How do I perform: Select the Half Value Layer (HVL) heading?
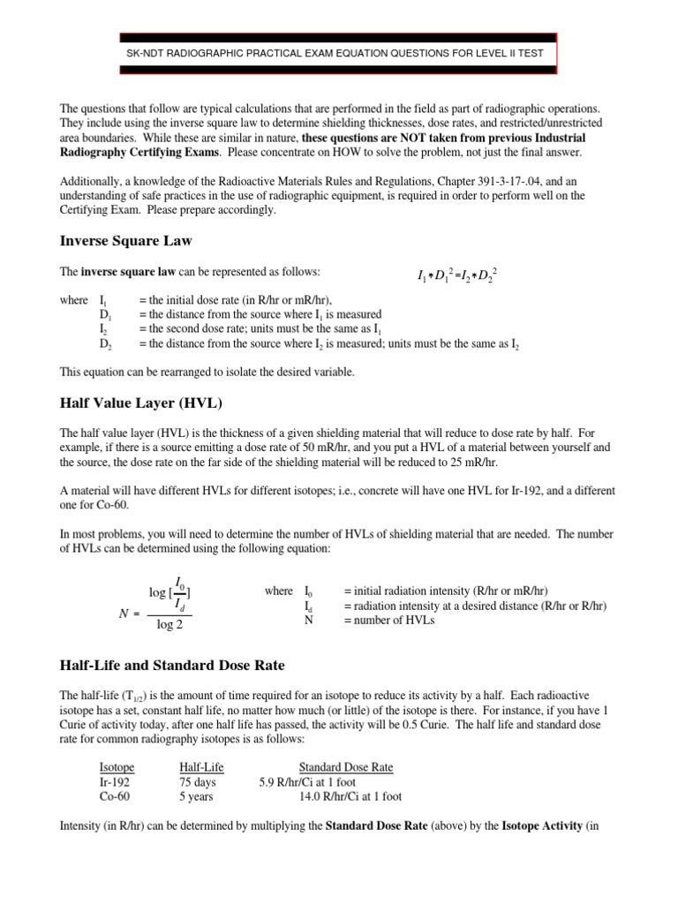click(140, 403)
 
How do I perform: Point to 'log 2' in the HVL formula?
click(170, 625)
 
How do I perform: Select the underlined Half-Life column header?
click(201, 768)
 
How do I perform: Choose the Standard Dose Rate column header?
click(346, 768)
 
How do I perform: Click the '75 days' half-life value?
click(197, 782)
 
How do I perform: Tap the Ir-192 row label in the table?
click(115, 782)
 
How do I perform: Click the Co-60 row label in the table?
click(116, 796)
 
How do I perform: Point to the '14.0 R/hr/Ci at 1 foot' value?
click(350, 796)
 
